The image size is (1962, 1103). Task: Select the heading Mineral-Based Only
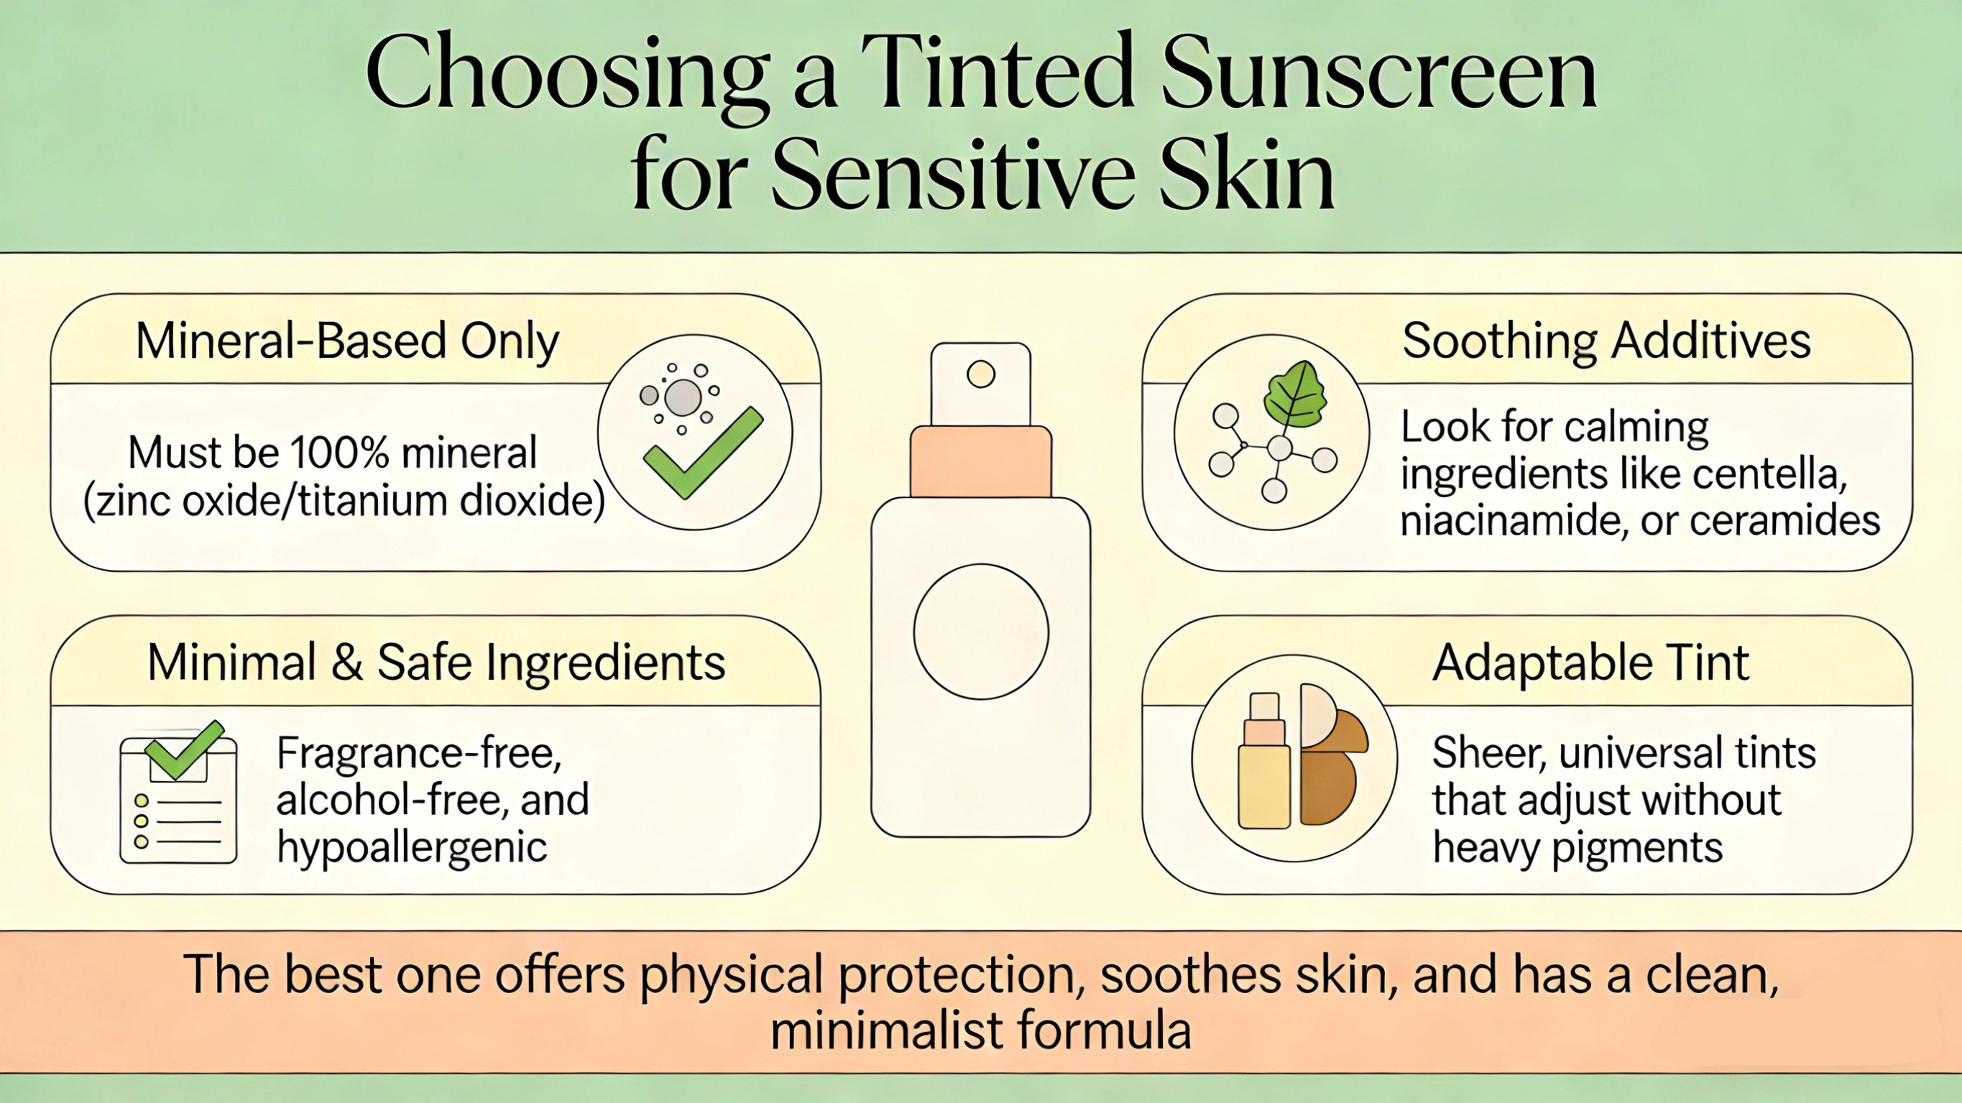[347, 341]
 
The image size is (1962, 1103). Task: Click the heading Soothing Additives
[1606, 341]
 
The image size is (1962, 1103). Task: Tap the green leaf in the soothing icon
[1295, 394]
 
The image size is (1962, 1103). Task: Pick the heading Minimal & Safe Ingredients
[436, 662]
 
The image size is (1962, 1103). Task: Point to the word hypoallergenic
[412, 847]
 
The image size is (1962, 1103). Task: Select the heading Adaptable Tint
[1590, 662]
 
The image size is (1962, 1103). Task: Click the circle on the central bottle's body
[981, 632]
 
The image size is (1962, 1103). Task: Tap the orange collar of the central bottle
[981, 461]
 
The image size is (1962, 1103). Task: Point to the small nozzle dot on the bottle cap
[981, 374]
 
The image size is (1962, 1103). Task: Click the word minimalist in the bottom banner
[887, 1030]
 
